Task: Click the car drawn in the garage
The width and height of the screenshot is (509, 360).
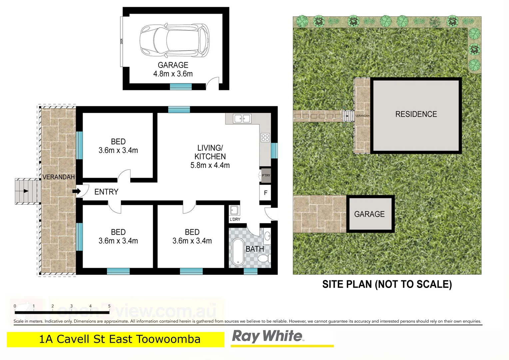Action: click(x=175, y=41)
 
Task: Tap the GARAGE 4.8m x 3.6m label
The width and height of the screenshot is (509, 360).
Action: click(x=173, y=69)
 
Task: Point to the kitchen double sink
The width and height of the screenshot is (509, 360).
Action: click(x=242, y=119)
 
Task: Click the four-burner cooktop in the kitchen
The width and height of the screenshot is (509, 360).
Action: click(x=265, y=137)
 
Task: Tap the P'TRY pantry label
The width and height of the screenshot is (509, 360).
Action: click(x=266, y=176)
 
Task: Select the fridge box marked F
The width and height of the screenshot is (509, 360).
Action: click(x=265, y=193)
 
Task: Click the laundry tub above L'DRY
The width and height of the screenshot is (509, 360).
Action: click(x=234, y=210)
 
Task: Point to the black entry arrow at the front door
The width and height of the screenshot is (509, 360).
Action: click(x=76, y=191)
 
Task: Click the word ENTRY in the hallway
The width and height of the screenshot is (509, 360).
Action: click(x=106, y=192)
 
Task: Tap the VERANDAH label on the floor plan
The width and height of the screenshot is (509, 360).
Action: click(x=59, y=177)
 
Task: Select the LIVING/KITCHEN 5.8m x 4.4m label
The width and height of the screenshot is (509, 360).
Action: click(x=210, y=156)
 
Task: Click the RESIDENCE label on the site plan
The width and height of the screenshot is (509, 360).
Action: click(x=416, y=114)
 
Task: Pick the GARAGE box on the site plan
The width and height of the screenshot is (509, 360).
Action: click(x=370, y=214)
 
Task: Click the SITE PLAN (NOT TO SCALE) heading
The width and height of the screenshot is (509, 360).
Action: click(x=387, y=284)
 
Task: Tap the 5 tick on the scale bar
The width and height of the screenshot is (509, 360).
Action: click(x=109, y=306)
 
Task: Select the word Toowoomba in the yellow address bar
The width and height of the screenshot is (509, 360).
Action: click(x=168, y=339)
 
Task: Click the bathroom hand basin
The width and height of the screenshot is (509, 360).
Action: click(x=267, y=236)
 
